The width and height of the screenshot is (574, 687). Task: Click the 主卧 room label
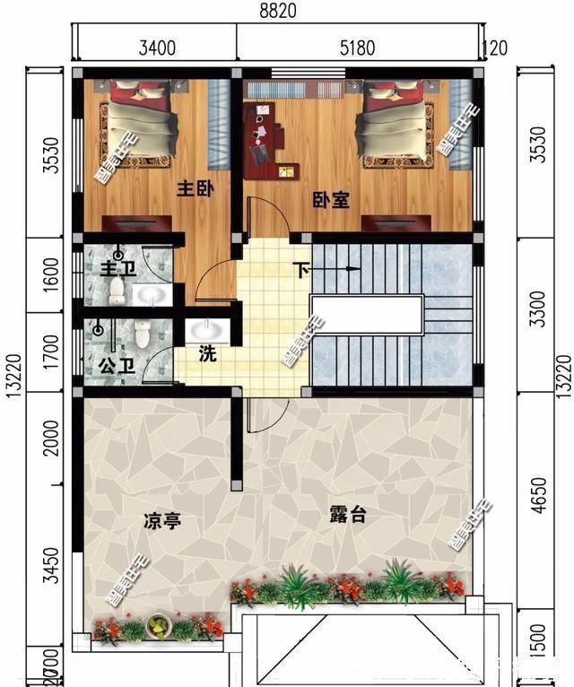click(194, 189)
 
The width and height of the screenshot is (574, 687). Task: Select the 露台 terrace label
click(348, 515)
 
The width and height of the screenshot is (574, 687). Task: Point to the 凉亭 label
click(162, 520)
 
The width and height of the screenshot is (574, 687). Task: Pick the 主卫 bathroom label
click(110, 267)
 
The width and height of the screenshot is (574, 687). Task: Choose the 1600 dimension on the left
click(50, 273)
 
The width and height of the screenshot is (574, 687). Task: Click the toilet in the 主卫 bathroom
click(116, 289)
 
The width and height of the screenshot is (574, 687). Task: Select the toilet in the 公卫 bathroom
click(142, 335)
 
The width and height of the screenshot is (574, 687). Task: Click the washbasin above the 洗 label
click(209, 330)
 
